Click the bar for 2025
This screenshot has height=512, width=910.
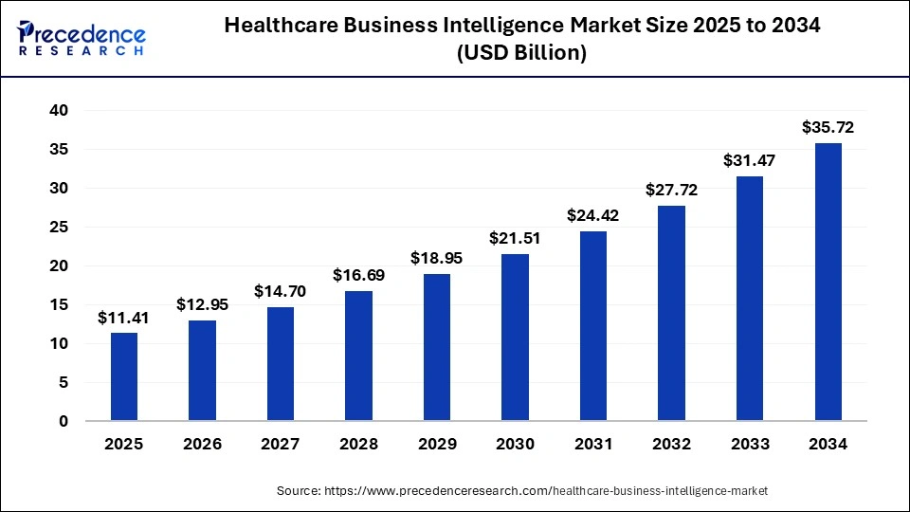click(124, 376)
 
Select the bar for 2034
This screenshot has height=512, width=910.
click(828, 282)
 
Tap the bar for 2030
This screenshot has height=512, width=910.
click(515, 337)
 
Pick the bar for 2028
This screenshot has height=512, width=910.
click(358, 356)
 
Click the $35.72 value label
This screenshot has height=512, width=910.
click(828, 126)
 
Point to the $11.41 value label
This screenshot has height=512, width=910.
click(124, 317)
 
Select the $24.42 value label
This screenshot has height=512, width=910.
click(593, 215)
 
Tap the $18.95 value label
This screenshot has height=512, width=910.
click(437, 258)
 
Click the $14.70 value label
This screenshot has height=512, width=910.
click(281, 291)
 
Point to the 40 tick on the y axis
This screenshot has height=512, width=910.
click(59, 111)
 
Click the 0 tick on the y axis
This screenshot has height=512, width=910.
click(64, 421)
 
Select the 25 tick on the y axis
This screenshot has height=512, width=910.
click(59, 228)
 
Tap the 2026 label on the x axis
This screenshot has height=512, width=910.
click(202, 444)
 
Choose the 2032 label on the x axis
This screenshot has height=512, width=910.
click(671, 444)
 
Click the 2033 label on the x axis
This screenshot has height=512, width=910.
click(749, 444)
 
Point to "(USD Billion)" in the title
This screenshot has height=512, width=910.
click(521, 54)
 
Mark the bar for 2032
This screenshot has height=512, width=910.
click(671, 313)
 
